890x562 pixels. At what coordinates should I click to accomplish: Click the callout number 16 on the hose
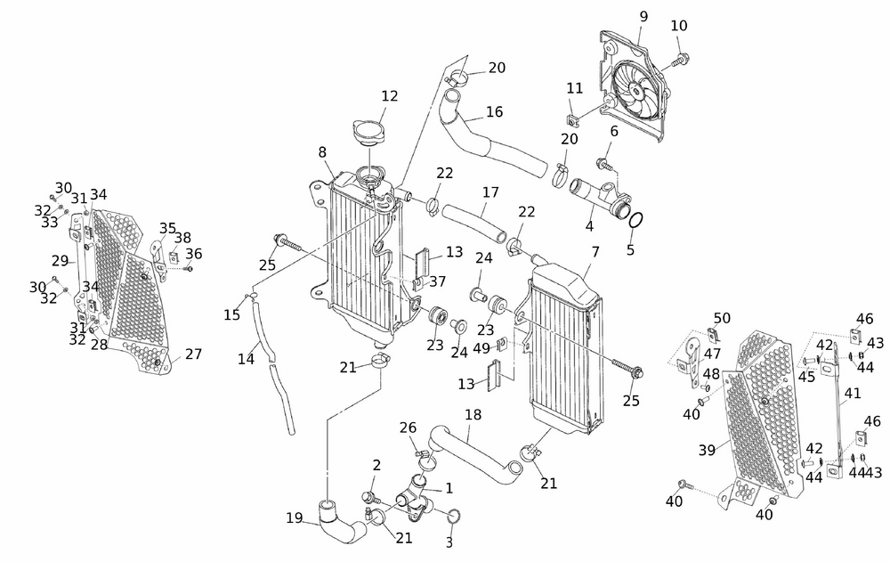click(x=495, y=113)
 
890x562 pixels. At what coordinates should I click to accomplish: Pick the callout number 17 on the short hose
click(x=490, y=191)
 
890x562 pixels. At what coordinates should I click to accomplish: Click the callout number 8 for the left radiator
click(x=322, y=152)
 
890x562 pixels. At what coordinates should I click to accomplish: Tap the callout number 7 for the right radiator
click(x=595, y=252)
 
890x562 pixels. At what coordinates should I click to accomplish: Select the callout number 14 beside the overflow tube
click(x=247, y=359)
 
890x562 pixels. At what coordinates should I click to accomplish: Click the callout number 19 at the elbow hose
click(x=295, y=517)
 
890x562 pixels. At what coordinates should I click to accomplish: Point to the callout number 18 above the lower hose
click(x=473, y=415)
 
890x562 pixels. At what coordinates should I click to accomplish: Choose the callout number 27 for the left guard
click(x=193, y=354)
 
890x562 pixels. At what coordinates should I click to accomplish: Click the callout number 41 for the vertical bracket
click(x=853, y=393)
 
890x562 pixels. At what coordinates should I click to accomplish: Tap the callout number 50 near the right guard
click(x=722, y=318)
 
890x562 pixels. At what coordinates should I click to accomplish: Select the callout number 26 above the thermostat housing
click(x=409, y=428)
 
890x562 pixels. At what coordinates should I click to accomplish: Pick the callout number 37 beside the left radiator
click(x=438, y=281)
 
